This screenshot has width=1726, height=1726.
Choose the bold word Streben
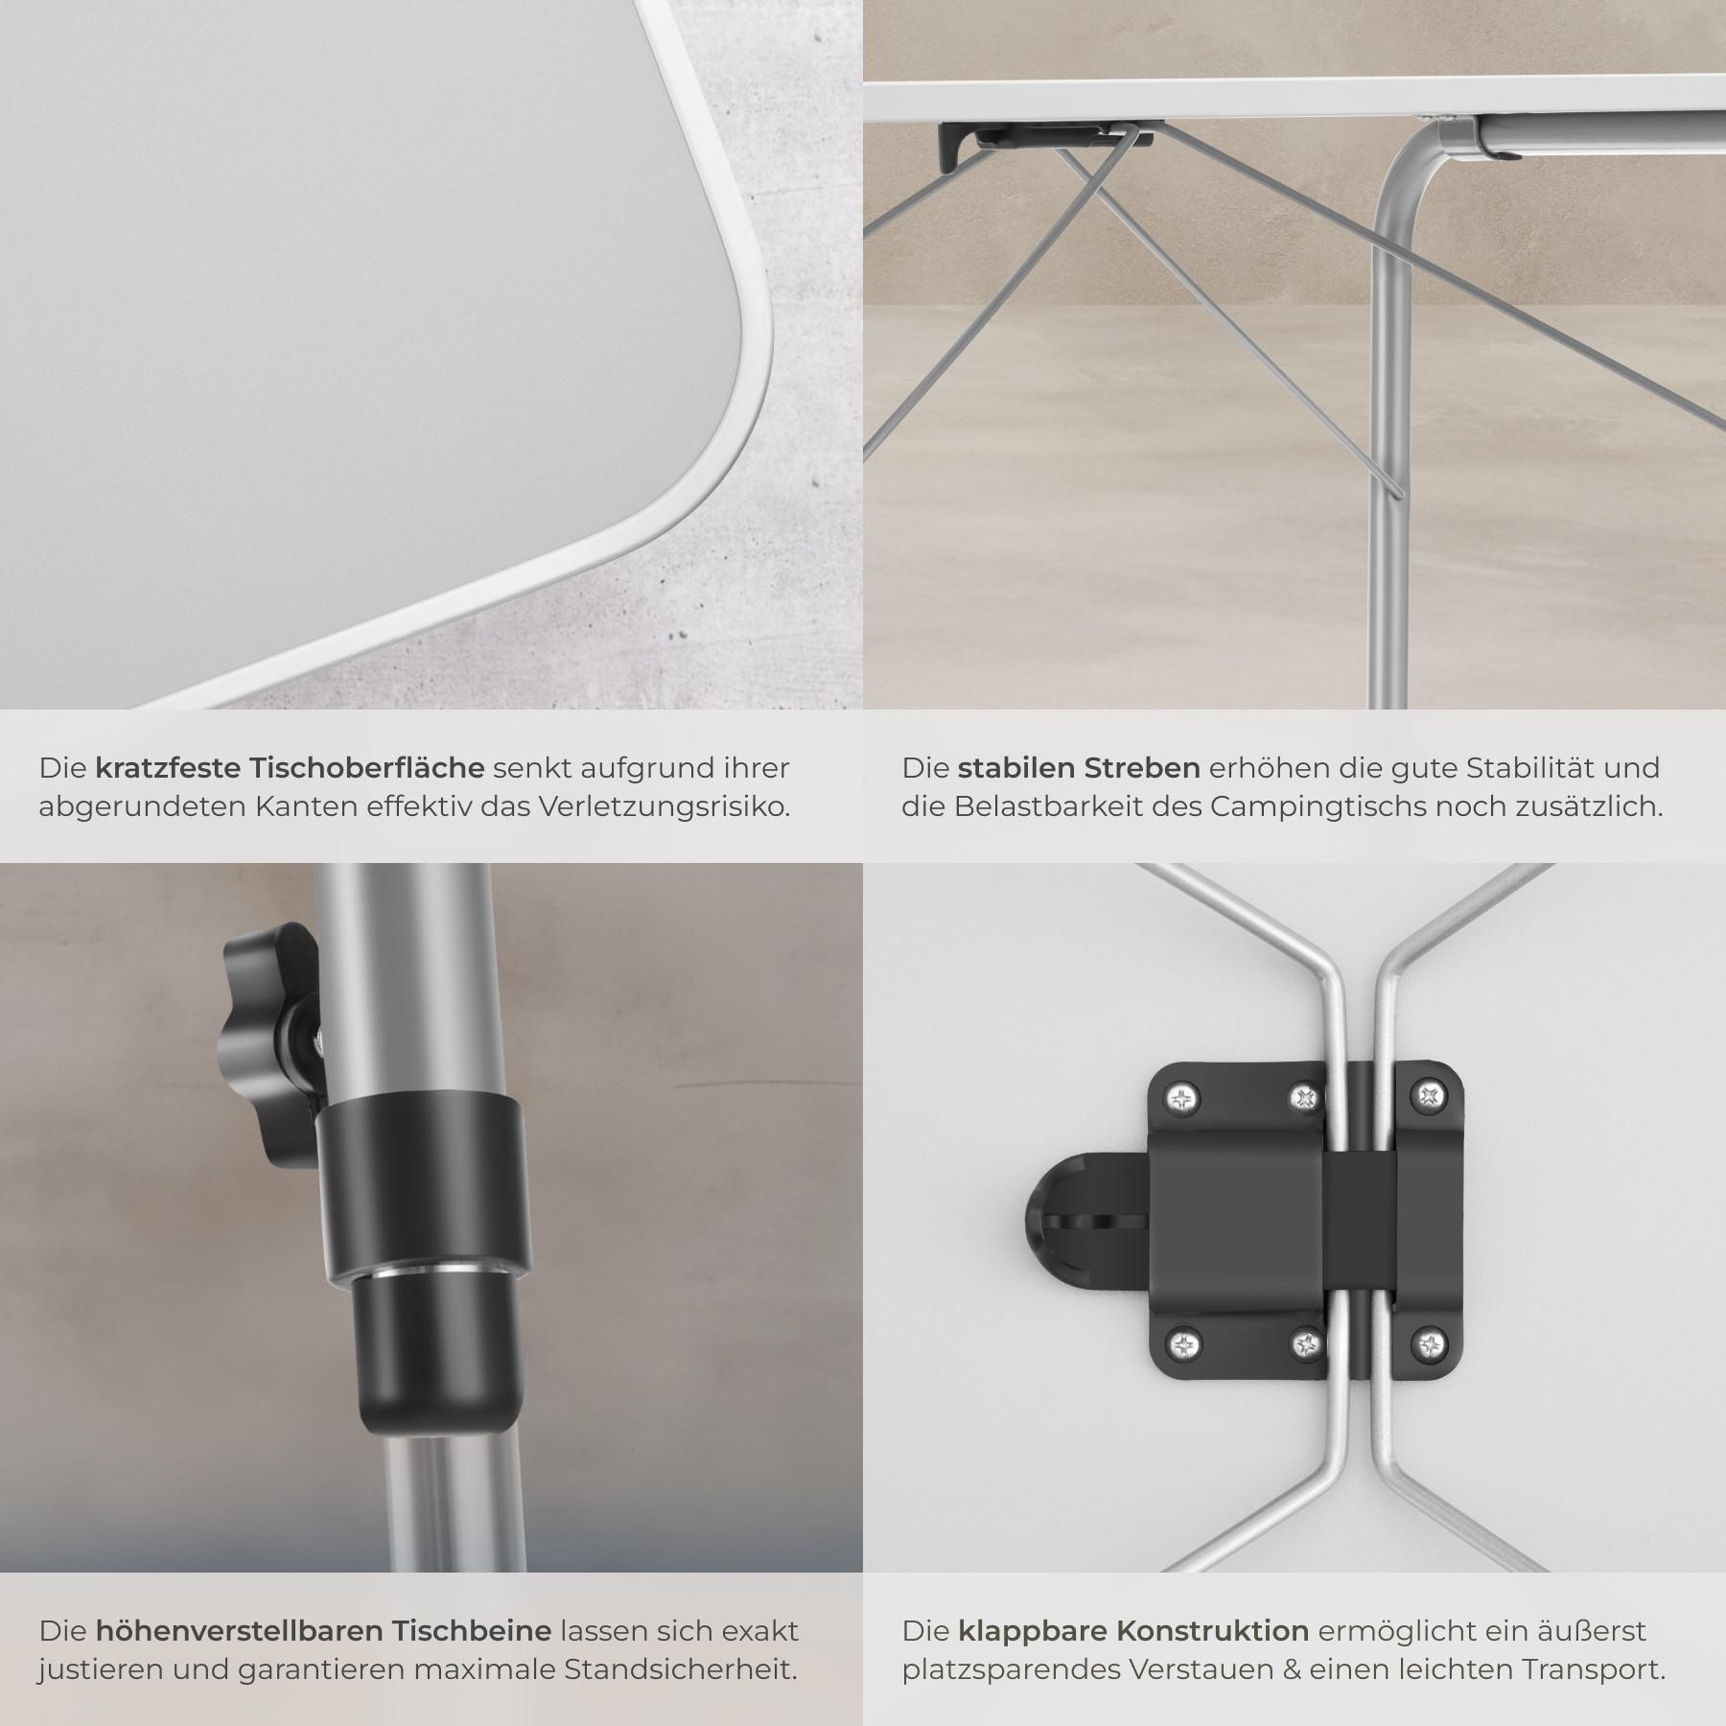coord(1142,768)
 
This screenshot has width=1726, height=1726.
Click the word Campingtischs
coord(1302,807)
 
